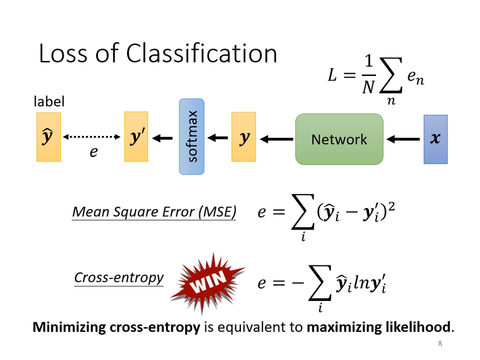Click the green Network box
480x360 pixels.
339,139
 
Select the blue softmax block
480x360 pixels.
191,136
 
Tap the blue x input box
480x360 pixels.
435,139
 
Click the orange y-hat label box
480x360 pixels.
48,137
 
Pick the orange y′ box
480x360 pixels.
136,137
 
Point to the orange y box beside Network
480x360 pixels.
243,137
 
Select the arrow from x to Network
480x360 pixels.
403,139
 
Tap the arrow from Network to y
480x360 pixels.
276,139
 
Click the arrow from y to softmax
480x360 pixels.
217,138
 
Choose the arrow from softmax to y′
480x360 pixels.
162,138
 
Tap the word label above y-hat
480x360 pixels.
49,101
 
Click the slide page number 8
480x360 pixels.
439,343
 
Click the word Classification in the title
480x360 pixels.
201,53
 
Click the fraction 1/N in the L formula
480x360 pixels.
368,75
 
